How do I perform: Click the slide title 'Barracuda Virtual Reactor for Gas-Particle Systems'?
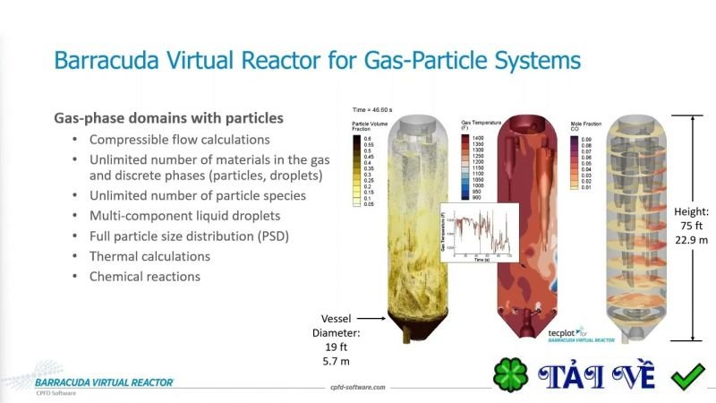317,61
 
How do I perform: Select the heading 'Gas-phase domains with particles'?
169,117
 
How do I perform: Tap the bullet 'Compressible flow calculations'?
179,140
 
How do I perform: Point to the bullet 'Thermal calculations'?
149,256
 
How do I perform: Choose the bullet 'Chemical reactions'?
144,276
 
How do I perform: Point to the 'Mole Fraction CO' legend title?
584,126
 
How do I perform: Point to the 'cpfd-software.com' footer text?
358,387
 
